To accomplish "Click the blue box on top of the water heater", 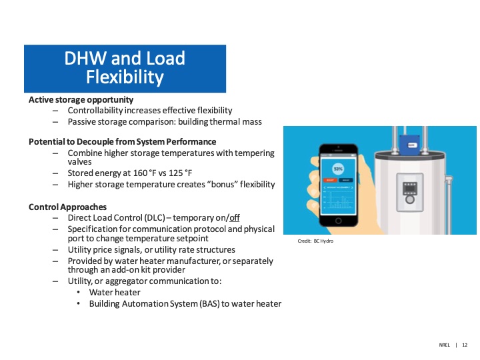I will tap(407, 142).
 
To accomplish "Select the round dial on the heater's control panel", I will tap(410, 198).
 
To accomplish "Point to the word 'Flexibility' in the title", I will tap(125, 78).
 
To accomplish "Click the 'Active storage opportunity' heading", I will tap(81, 100).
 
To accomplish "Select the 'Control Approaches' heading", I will tap(67, 207).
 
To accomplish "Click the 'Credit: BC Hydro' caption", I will tap(315, 241).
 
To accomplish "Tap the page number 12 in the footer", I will tap(465, 345).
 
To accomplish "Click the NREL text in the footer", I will tap(444, 345).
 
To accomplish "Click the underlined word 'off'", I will tap(234, 218).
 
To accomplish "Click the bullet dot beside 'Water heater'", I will tap(79, 293).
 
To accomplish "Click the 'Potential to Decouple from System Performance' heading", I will tap(122, 142).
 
